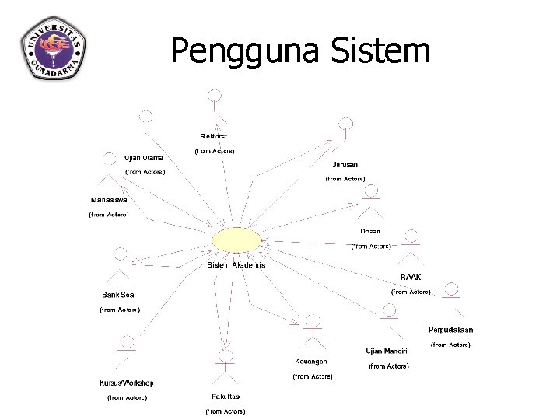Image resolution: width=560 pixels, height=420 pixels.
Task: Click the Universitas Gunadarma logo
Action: click(53, 48)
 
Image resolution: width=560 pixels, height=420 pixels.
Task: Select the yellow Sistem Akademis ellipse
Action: click(236, 240)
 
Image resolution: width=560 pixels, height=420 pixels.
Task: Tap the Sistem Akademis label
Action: click(236, 265)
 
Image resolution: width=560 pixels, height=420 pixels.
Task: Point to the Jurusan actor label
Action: click(345, 165)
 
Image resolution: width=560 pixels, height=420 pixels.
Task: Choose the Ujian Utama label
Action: click(144, 158)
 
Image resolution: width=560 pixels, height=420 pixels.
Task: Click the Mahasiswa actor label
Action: click(108, 200)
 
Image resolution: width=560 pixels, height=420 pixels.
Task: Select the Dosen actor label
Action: click(370, 231)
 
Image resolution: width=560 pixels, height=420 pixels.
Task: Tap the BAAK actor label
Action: click(411, 277)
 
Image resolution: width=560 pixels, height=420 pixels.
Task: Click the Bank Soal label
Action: click(119, 295)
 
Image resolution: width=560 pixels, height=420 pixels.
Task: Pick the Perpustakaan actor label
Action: click(451, 330)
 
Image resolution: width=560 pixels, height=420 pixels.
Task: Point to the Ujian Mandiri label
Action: click(387, 351)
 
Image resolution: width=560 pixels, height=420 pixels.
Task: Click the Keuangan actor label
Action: click(311, 362)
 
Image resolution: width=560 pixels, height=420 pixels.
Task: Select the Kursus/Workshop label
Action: click(126, 383)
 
